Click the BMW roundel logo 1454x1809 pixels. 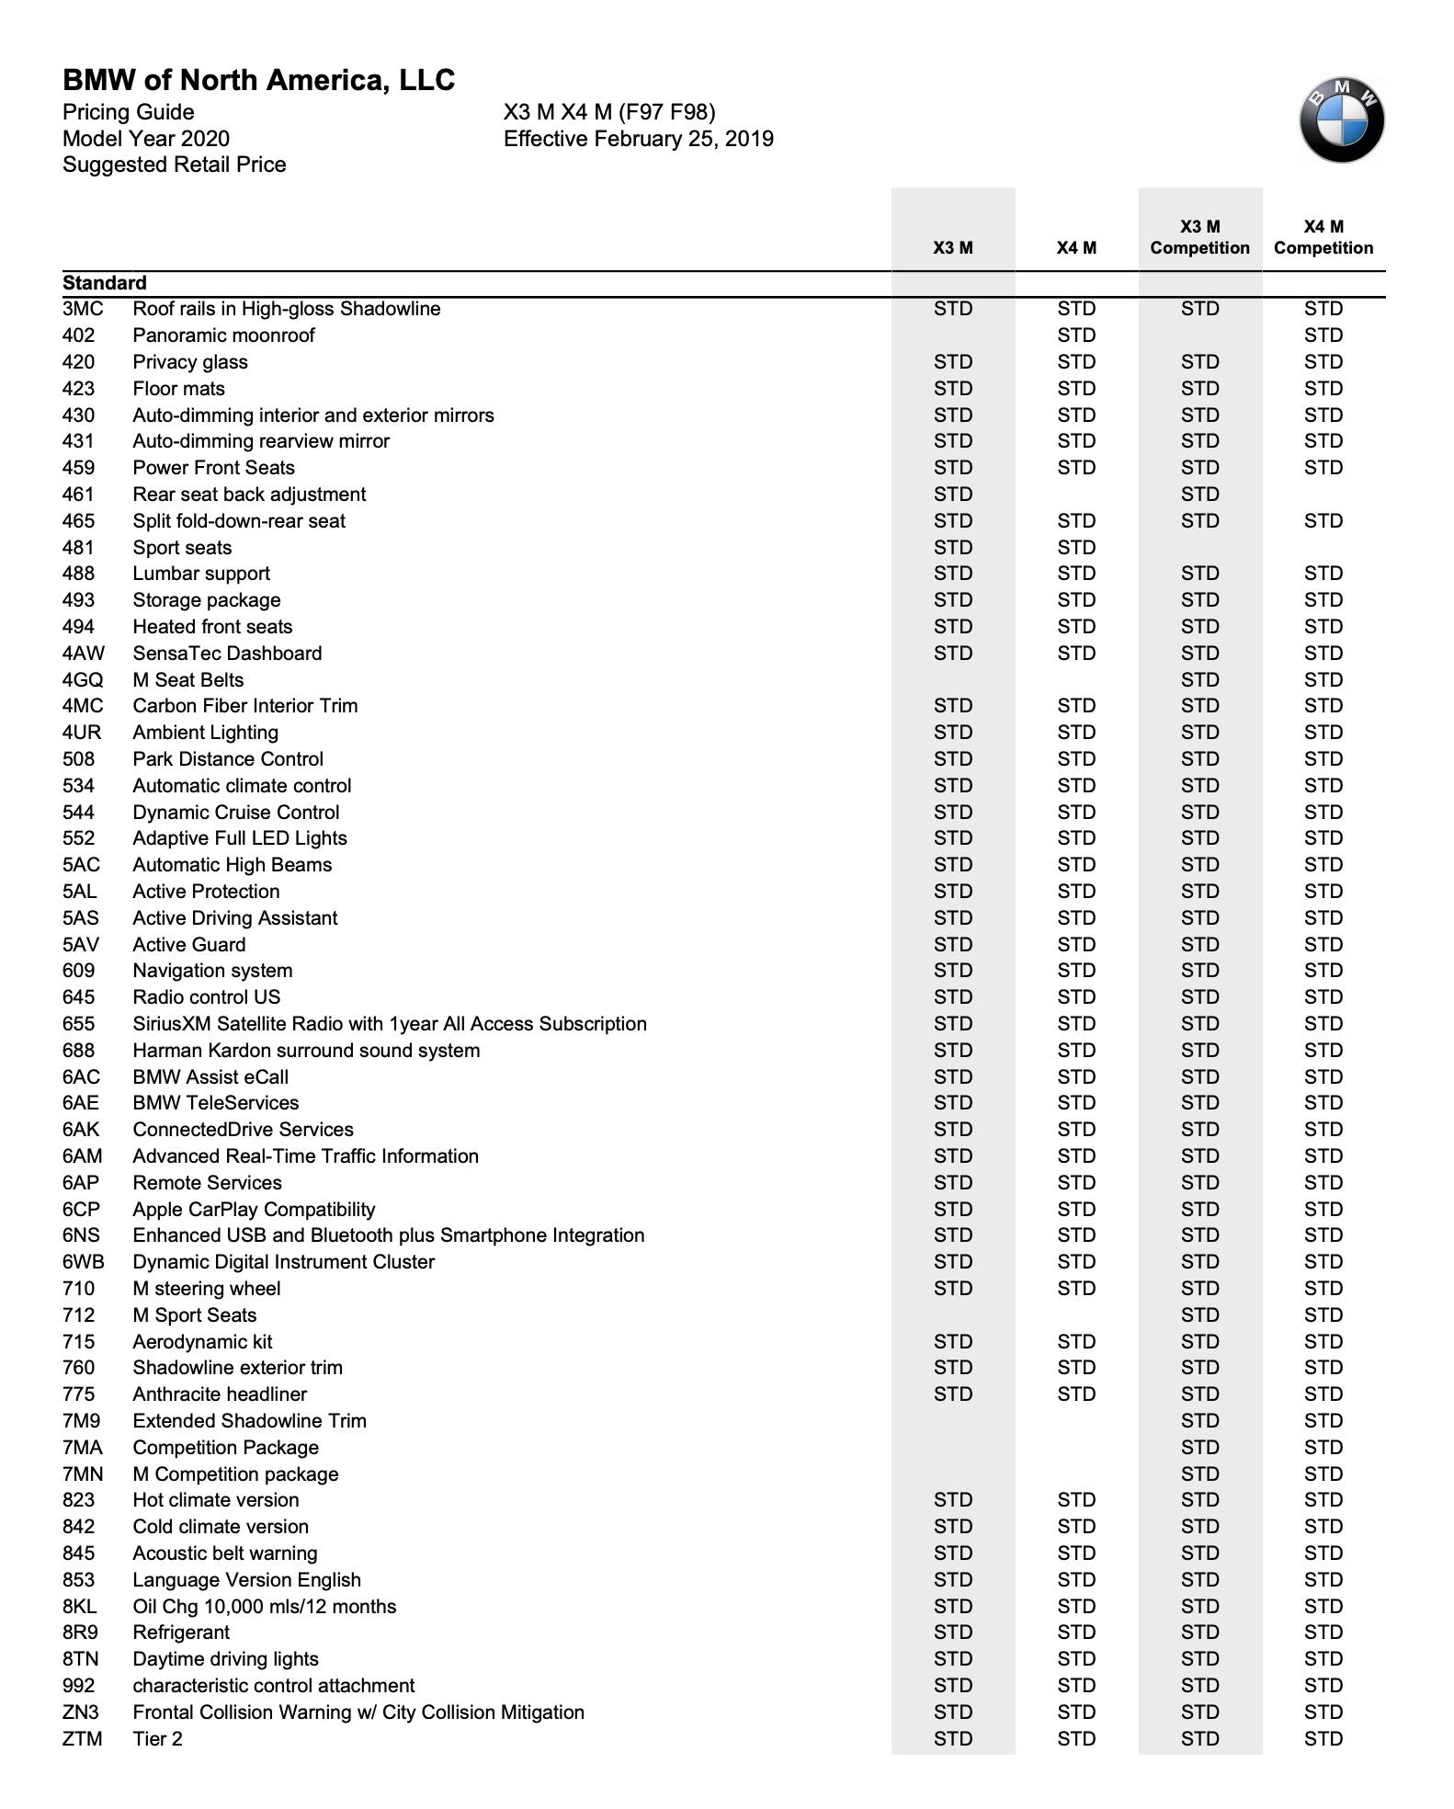(x=1341, y=120)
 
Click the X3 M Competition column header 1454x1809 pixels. (x=1199, y=237)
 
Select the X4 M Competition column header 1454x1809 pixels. (x=1323, y=237)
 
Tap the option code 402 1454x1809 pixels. (x=79, y=336)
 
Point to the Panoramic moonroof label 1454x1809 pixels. (x=223, y=336)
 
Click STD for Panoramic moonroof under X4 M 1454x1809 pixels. (x=1076, y=336)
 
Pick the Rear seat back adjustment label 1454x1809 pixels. (x=249, y=495)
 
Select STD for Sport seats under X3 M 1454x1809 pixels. (x=953, y=548)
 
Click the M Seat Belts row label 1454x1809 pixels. (x=188, y=680)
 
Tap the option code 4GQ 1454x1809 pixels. (x=83, y=680)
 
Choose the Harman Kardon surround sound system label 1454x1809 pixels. (x=306, y=1051)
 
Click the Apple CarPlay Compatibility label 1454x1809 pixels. (x=254, y=1210)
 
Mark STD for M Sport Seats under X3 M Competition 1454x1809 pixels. (x=1199, y=1315)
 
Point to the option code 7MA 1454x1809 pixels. (x=83, y=1448)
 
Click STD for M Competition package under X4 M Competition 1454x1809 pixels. (x=1323, y=1474)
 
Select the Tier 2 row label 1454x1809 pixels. (x=157, y=1739)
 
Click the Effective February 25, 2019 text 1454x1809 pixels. (x=638, y=139)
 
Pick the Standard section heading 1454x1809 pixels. (x=105, y=283)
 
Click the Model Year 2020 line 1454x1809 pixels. (x=146, y=139)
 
